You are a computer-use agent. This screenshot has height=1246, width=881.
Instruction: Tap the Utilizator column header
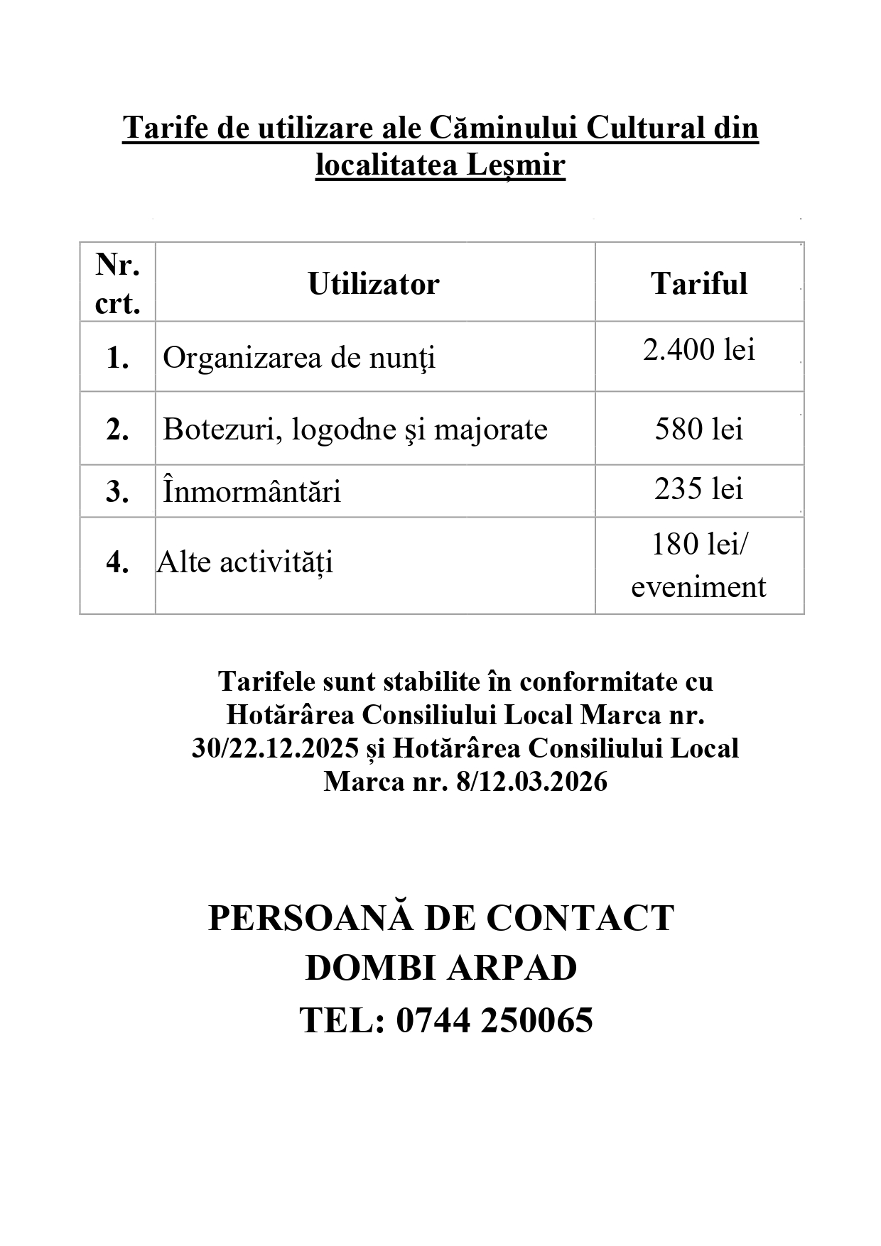click(x=374, y=284)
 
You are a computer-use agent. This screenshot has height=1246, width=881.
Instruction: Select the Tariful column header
click(x=699, y=284)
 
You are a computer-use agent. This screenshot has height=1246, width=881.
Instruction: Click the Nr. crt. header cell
click(x=117, y=284)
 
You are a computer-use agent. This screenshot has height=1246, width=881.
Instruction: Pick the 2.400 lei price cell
click(x=699, y=350)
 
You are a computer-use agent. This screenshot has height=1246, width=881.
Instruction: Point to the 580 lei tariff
click(x=699, y=430)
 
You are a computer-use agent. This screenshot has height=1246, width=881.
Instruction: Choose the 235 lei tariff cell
click(x=699, y=489)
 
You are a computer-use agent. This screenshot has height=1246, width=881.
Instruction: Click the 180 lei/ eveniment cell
click(x=699, y=566)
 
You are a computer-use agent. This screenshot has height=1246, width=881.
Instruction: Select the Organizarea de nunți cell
click(x=299, y=358)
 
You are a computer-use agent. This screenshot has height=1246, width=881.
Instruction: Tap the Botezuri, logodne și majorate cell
click(x=355, y=430)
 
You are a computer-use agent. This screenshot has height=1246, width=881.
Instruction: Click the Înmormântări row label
click(x=252, y=492)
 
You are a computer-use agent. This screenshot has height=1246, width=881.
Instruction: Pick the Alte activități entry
click(x=245, y=562)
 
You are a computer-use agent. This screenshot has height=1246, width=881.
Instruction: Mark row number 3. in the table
click(x=117, y=492)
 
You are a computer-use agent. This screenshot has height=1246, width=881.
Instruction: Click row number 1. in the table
click(x=117, y=358)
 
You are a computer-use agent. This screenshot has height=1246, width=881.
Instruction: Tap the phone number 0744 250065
click(x=494, y=1020)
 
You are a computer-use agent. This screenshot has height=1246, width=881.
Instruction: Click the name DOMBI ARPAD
click(x=441, y=968)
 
